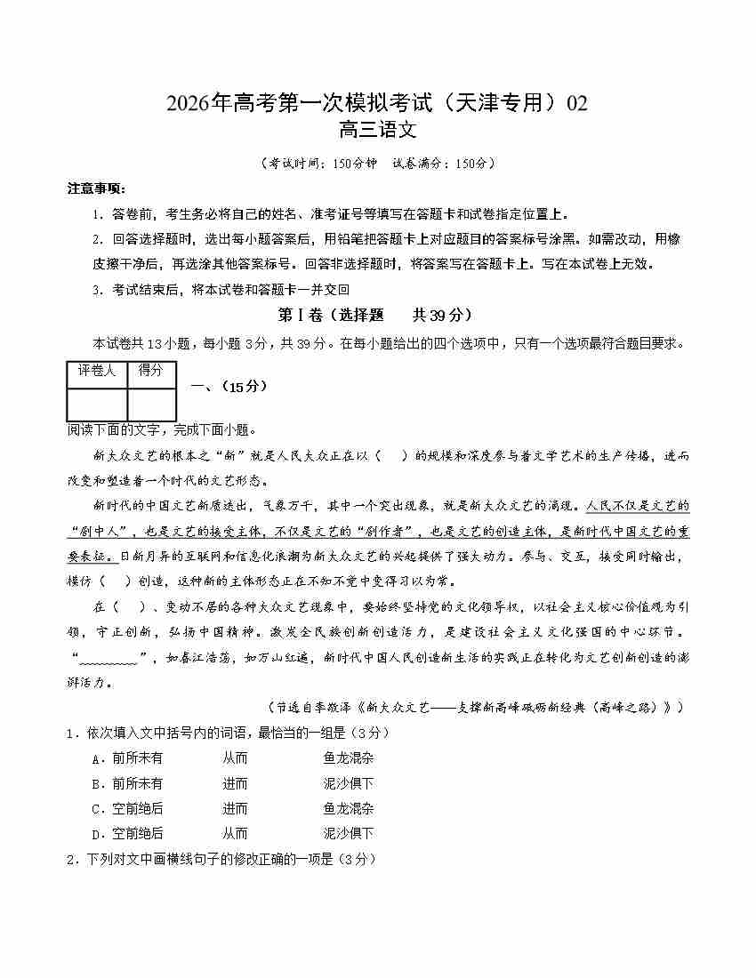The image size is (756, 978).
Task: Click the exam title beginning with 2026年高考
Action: click(377, 103)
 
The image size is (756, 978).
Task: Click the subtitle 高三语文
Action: click(377, 131)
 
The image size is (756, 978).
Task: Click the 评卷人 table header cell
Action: click(97, 372)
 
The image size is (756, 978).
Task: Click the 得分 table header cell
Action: click(151, 372)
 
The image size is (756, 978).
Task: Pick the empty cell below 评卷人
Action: click(97, 404)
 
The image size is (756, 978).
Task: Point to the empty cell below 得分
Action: click(151, 404)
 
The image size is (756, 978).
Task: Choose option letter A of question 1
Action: click(95, 759)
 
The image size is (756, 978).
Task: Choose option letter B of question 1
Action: click(95, 784)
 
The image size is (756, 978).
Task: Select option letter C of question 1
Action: click(95, 809)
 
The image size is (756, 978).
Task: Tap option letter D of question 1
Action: click(95, 834)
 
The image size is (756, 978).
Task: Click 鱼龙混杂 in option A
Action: click(349, 759)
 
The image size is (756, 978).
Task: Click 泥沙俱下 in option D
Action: click(349, 834)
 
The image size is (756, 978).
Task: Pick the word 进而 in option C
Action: click(235, 809)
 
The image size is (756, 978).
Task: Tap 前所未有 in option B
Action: click(138, 784)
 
